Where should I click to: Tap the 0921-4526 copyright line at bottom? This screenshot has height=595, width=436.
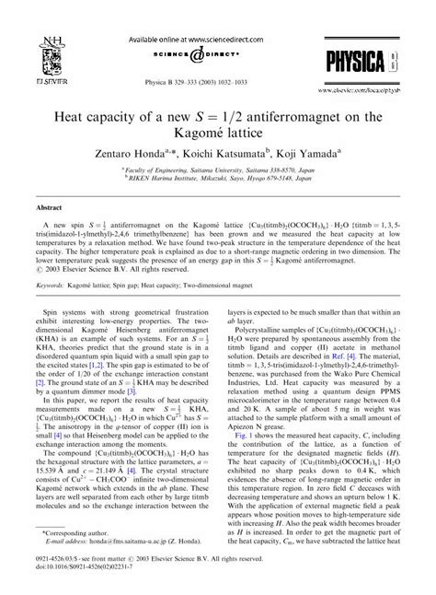[138, 570]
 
